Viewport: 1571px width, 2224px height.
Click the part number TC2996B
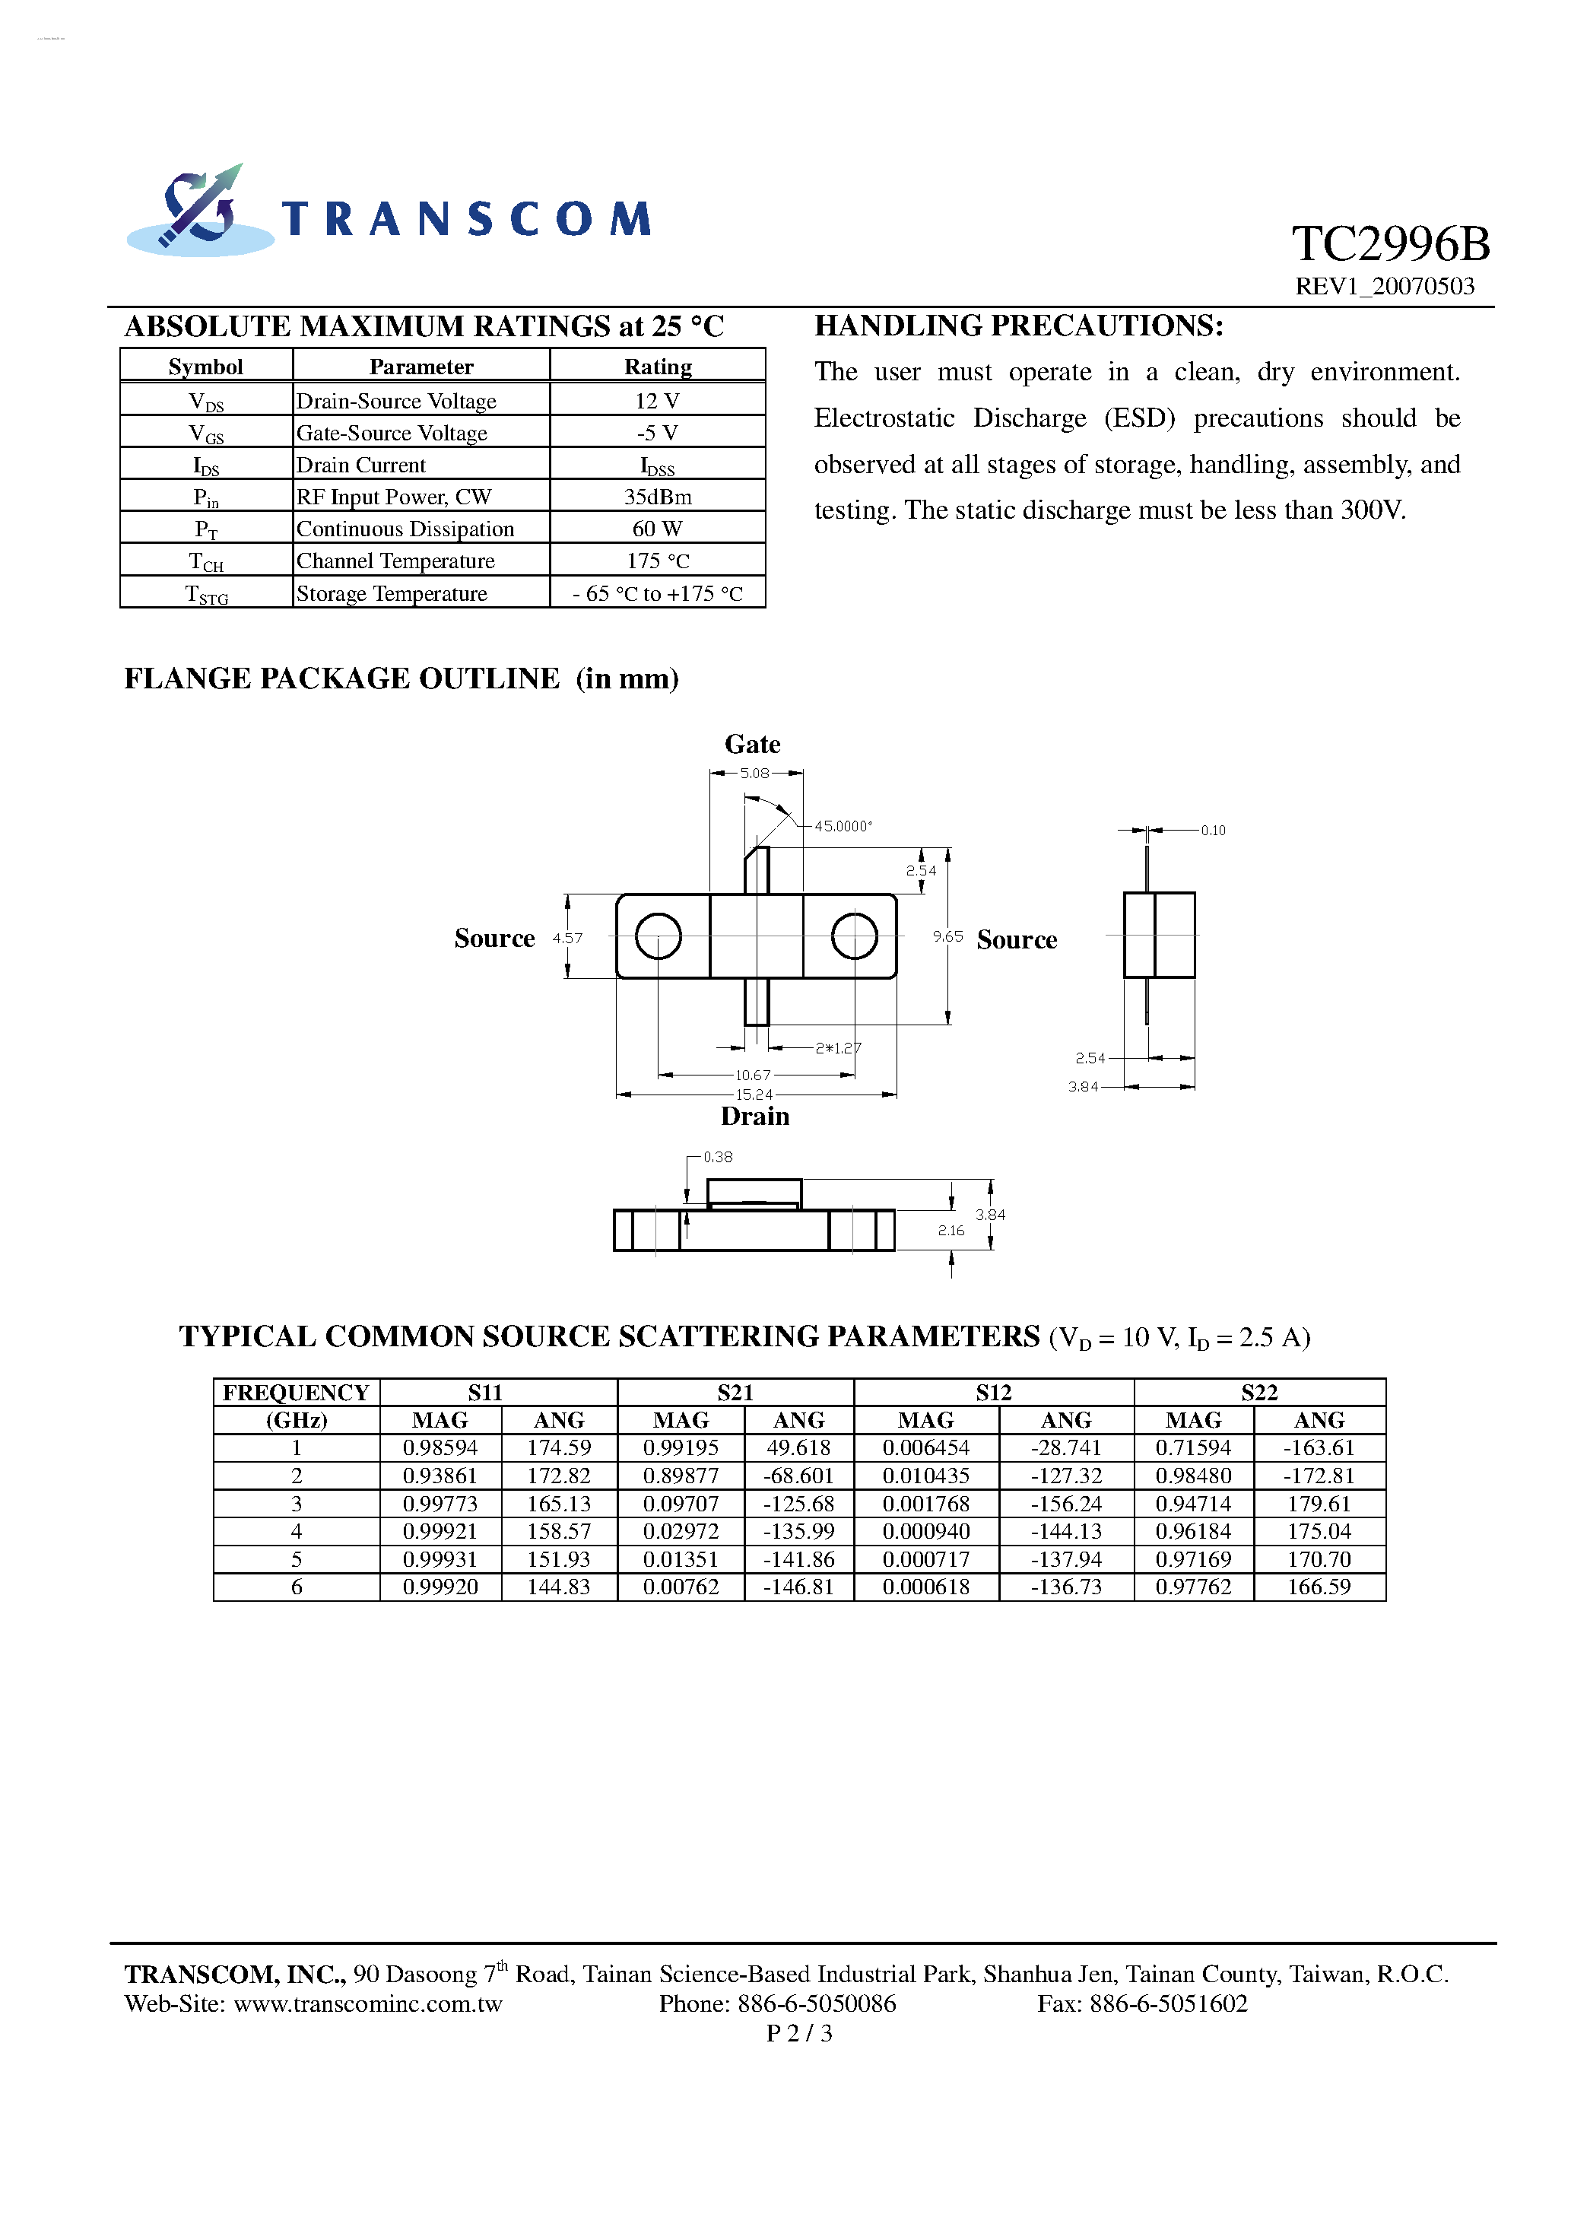pos(1390,243)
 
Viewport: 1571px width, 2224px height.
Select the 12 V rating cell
pos(657,401)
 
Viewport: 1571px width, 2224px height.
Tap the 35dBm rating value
pos(657,497)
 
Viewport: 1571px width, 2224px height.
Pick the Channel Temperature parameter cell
pos(395,561)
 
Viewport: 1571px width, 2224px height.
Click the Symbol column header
pos(205,366)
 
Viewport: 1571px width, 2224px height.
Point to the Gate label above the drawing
pos(753,744)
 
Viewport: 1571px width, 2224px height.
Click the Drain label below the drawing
pos(754,1116)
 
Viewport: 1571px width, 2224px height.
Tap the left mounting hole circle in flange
pos(659,936)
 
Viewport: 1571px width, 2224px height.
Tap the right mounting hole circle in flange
pos(854,936)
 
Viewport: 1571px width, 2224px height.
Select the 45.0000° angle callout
pos(842,826)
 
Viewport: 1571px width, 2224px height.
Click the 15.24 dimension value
pos(754,1095)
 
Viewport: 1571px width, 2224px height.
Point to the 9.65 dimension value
pos(947,936)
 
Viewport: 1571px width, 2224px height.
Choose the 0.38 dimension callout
pos(718,1157)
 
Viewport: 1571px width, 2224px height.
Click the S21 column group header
pos(735,1392)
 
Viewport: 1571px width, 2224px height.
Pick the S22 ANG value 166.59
pos(1319,1587)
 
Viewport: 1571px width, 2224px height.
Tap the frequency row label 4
pos(297,1531)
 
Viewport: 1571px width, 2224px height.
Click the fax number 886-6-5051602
pos(1168,2003)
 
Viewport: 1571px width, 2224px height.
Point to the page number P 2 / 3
pos(799,2033)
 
